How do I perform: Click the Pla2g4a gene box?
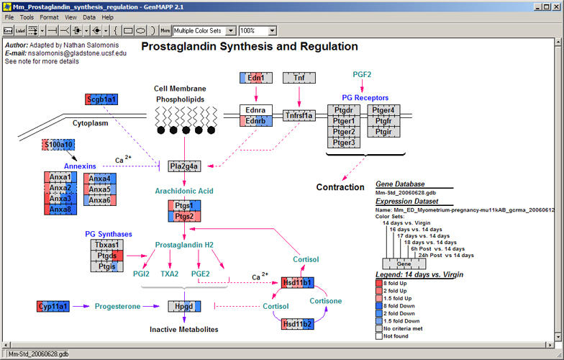(x=184, y=166)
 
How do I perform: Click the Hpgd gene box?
(x=184, y=307)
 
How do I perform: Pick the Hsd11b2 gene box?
(x=298, y=325)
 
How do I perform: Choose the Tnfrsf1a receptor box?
(x=299, y=114)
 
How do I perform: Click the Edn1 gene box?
(x=257, y=78)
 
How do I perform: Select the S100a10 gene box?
(x=58, y=145)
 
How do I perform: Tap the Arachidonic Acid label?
(x=183, y=190)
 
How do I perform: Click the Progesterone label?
(x=117, y=307)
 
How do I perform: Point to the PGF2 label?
(x=362, y=74)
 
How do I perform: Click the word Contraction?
(x=340, y=187)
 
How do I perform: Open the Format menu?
(x=50, y=17)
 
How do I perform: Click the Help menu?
(x=107, y=17)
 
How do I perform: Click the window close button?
(x=557, y=6)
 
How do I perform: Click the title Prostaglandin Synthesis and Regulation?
(x=249, y=47)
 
